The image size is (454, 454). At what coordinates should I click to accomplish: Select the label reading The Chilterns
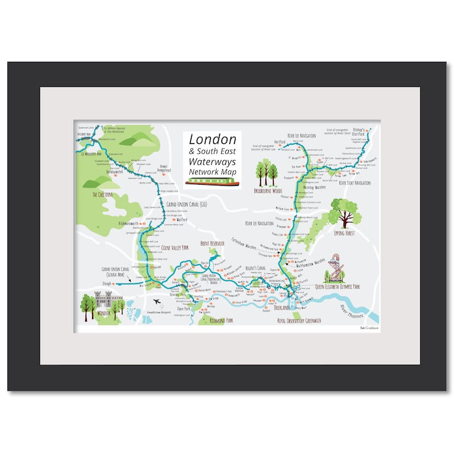tap(103, 195)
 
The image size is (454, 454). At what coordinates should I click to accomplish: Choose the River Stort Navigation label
tap(355, 183)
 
